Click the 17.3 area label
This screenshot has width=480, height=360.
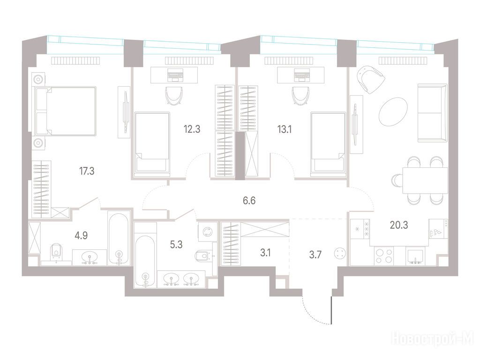click(x=87, y=171)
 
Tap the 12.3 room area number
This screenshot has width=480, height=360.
click(x=192, y=129)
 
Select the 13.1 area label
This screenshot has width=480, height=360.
click(x=284, y=129)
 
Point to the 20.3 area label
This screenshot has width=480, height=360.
click(x=399, y=225)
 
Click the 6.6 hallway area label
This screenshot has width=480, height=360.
click(x=249, y=201)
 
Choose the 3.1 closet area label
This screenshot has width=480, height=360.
click(x=265, y=253)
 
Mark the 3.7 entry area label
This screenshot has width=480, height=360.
click(x=315, y=255)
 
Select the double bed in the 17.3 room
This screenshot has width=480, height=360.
click(x=66, y=111)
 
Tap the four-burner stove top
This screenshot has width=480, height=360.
click(x=384, y=256)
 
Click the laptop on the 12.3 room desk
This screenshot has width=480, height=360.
click(x=174, y=75)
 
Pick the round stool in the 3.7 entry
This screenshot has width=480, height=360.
click(x=340, y=254)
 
